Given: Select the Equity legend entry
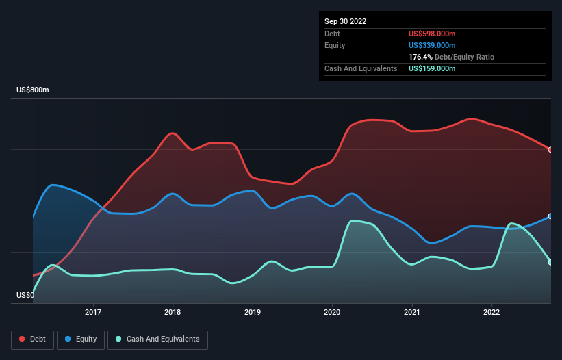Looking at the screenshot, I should pyautogui.click(x=81, y=339).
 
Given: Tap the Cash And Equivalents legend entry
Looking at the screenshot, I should pyautogui.click(x=157, y=339).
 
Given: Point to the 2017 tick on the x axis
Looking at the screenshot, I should pyautogui.click(x=93, y=313).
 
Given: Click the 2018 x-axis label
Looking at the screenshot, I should pyautogui.click(x=173, y=313).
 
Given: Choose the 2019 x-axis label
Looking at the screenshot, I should pyautogui.click(x=253, y=313).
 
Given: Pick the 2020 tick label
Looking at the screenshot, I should pyautogui.click(x=332, y=313).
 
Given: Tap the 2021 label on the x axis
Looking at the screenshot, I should pyautogui.click(x=412, y=313).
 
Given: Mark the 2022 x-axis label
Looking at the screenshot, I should pyautogui.click(x=491, y=313).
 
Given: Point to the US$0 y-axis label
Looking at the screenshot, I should pyautogui.click(x=25, y=296).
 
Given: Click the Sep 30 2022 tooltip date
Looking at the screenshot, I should pyautogui.click(x=345, y=21).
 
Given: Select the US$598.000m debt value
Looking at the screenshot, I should pyautogui.click(x=432, y=34).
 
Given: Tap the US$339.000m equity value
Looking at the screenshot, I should pyautogui.click(x=432, y=45).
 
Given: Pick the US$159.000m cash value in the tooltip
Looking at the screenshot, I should pyautogui.click(x=432, y=68).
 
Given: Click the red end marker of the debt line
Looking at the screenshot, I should pyautogui.click(x=550, y=150).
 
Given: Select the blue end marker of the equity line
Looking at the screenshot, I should pyautogui.click(x=550, y=216).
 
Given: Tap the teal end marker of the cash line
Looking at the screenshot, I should pyautogui.click(x=550, y=262).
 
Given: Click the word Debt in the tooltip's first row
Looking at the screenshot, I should pyautogui.click(x=332, y=34).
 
